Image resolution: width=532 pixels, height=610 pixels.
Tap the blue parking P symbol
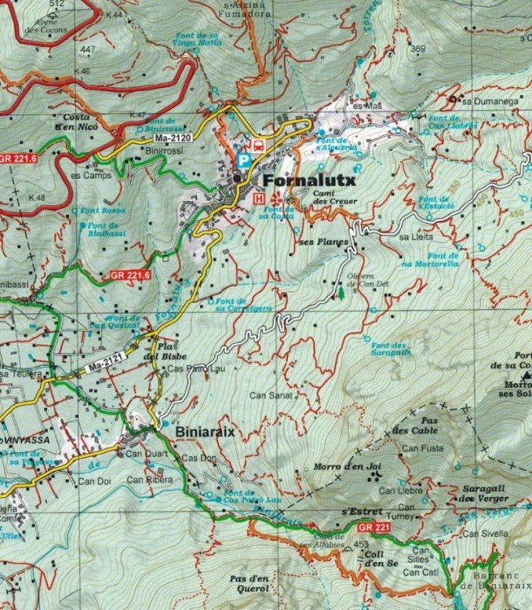coord(242,159)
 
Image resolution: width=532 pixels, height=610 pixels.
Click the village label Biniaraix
coord(204,432)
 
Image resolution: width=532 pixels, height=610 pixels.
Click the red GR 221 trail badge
coord(372,527)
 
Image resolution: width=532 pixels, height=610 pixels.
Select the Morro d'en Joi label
coord(347,467)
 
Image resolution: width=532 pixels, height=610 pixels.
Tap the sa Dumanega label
coord(489,102)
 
